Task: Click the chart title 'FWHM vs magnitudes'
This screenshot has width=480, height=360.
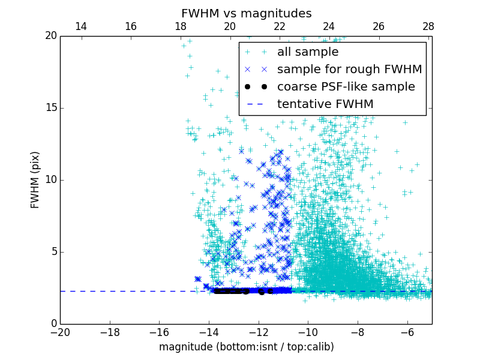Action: coord(246,13)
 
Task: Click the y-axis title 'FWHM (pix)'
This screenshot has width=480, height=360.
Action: coord(35,180)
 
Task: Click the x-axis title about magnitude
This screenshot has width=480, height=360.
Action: coord(246,347)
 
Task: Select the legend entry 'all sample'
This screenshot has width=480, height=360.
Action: coord(308,52)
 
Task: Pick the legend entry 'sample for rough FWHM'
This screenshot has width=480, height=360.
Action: coord(349,70)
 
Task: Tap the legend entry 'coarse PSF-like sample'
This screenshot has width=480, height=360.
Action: coord(346,87)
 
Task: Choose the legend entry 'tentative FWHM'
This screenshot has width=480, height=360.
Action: coord(325,104)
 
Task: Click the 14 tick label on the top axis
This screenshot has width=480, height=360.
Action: coord(80,26)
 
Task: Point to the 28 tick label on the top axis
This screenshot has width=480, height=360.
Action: coord(428,26)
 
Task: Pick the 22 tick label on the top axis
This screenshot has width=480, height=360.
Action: coord(279,26)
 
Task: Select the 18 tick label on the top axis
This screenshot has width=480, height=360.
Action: coord(180,26)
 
